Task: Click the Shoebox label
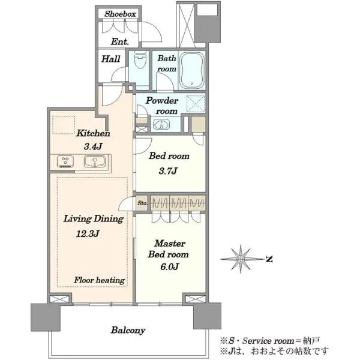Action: coord(120,14)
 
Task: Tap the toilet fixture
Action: coord(140,60)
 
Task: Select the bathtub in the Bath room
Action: coord(192,70)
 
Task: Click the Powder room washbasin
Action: coord(161,125)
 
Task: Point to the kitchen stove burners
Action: coord(65,161)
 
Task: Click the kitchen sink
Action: coord(95,161)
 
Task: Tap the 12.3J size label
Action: coord(88,234)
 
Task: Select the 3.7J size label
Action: coord(168,171)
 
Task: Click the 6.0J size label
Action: coord(169,266)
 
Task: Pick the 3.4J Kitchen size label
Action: coord(93,146)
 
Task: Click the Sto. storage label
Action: coord(143,203)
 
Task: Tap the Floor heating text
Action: coord(100,280)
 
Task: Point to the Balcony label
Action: coord(128,331)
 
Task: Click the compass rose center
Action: coord(241,259)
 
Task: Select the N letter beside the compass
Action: coord(269,259)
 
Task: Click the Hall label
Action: coord(111,59)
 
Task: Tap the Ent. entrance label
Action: coord(120,41)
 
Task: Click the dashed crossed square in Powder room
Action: coord(196,104)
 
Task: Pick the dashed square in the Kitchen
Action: coord(64,125)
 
